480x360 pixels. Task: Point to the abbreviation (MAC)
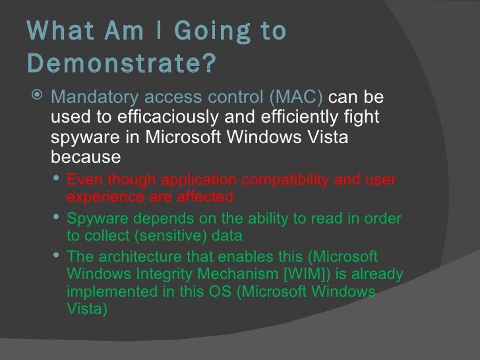pyautogui.click(x=295, y=98)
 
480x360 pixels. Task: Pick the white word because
pyautogui.click(x=86, y=158)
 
